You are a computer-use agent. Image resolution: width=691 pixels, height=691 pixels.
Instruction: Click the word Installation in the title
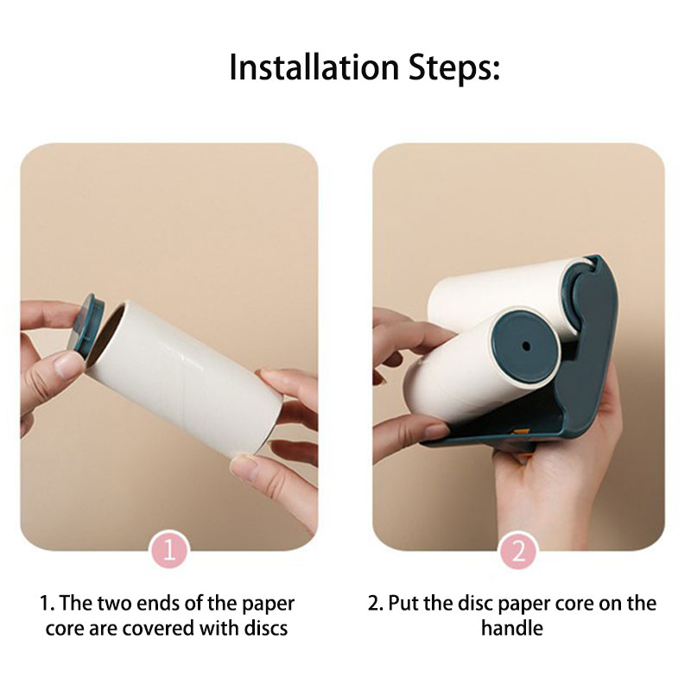[x=314, y=67]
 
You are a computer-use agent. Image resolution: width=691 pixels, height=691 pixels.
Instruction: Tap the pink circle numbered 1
[x=169, y=550]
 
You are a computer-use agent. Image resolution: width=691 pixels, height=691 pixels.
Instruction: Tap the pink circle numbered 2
[x=519, y=550]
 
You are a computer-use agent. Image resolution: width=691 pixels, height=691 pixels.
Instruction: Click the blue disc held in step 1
[x=88, y=326]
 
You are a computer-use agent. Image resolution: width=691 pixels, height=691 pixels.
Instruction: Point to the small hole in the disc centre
[x=526, y=346]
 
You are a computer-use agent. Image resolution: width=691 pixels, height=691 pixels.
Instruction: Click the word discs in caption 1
[x=266, y=628]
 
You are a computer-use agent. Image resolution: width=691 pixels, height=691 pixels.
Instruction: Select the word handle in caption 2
[x=512, y=628]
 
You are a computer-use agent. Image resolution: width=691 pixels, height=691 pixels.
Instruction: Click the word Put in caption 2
[x=403, y=603]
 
